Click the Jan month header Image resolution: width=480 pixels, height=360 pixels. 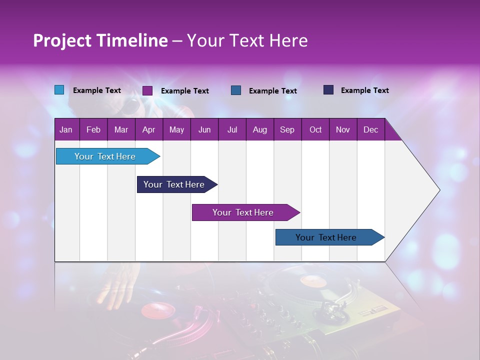pos(66,129)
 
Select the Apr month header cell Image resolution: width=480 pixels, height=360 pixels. pos(149,129)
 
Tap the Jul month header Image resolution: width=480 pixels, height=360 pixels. pos(232,129)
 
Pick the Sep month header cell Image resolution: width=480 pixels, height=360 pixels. pos(287,129)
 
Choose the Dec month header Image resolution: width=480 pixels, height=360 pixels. pos(370,129)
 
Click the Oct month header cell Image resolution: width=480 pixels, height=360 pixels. pos(315,129)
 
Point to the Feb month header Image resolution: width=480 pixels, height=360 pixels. pos(93,129)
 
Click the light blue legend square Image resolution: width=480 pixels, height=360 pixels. pos(59,90)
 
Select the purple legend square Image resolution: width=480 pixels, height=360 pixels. pos(147,90)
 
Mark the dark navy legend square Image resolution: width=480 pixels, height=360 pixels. pos(328,90)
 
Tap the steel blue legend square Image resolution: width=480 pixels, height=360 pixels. pos(236,90)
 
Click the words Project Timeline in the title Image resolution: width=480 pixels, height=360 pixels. pos(100,40)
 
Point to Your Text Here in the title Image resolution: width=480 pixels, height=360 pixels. pos(247,40)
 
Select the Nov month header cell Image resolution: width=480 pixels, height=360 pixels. pos(343,129)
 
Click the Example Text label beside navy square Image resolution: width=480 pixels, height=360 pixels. pos(364,90)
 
